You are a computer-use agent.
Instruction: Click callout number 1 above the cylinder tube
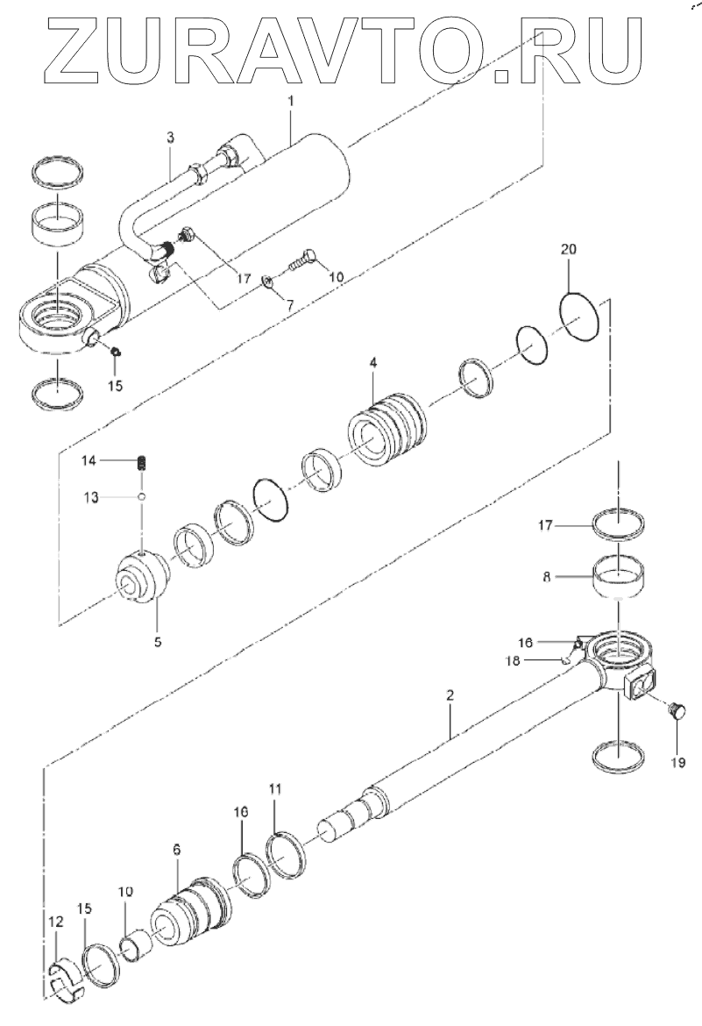click(291, 103)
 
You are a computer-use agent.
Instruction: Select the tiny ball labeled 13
click(140, 497)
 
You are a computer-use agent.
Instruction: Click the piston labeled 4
click(386, 429)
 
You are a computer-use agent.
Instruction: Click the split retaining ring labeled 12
click(67, 978)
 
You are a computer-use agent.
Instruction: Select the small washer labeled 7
click(269, 281)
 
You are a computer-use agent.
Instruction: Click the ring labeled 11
click(287, 857)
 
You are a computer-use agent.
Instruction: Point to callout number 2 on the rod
click(450, 695)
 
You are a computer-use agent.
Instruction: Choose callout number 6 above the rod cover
click(177, 850)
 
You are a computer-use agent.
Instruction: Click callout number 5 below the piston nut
click(158, 641)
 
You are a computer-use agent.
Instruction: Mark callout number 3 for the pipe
click(170, 138)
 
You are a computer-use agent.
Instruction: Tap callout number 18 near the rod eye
click(513, 661)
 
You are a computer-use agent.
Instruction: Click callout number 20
click(568, 249)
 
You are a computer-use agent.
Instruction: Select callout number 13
click(91, 497)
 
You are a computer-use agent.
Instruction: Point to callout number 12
click(56, 922)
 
